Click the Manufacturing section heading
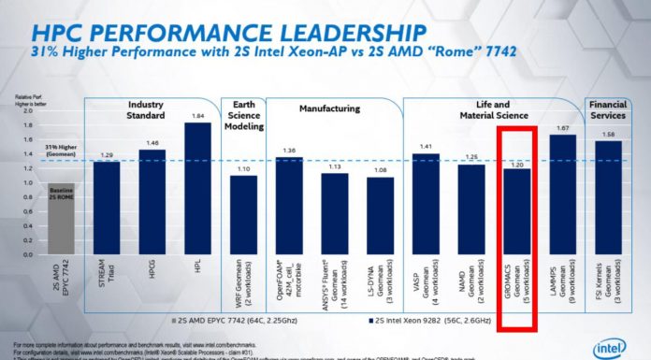(327, 108)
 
